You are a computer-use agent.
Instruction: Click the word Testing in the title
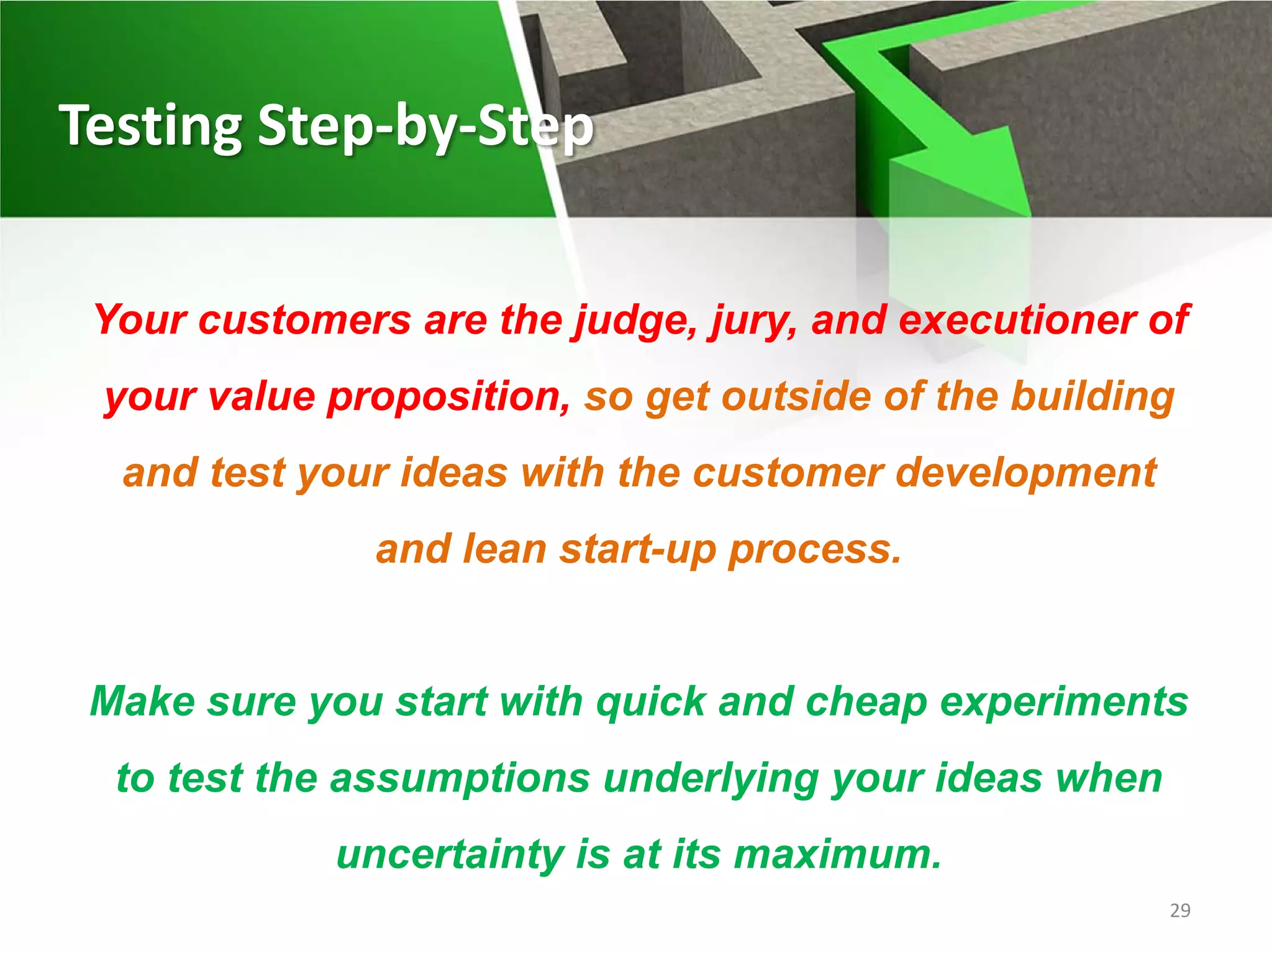tap(150, 126)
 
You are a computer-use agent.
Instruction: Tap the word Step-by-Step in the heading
tap(425, 127)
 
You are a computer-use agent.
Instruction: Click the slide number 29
tap(1179, 911)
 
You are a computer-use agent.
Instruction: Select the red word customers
tap(304, 320)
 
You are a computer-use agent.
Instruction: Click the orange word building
tap(1093, 397)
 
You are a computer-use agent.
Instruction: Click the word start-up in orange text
tap(637, 550)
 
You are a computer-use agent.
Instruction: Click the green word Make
tap(142, 702)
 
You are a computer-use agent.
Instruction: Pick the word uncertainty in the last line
tap(450, 855)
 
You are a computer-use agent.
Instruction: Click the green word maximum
tap(837, 855)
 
